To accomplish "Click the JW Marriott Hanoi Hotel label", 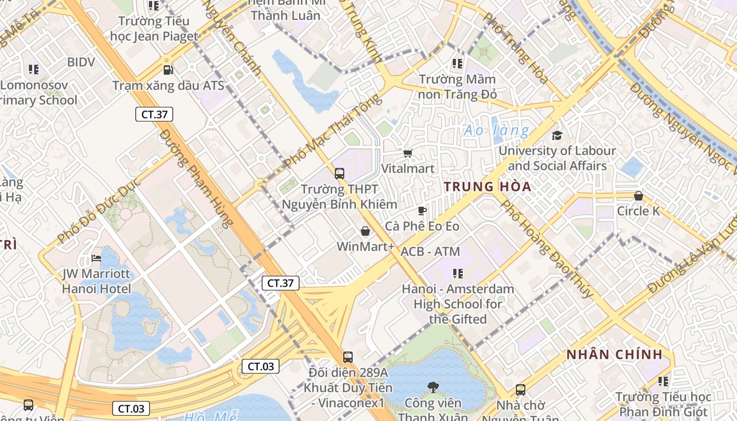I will pos(96,282).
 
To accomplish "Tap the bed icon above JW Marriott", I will pos(96,258).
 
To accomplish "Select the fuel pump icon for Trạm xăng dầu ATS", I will pos(168,69).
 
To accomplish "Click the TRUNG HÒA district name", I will pos(487,187).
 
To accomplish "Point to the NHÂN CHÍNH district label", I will pos(614,355).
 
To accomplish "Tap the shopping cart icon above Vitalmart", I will pos(407,153).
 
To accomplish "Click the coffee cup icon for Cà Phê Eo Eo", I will pos(422,211).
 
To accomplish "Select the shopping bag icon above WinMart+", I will pos(365,231).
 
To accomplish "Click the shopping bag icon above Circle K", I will pos(638,196).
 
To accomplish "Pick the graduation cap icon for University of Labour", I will pos(557,136).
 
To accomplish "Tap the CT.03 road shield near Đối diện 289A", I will pos(261,366).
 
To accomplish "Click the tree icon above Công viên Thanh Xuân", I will pos(433,388).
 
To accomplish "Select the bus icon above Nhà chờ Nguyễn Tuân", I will pos(520,390).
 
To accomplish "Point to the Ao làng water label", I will pos(496,130).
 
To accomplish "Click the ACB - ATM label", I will pos(430,252).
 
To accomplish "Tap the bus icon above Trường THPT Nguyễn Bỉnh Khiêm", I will pos(340,173).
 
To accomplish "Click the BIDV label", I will pos(81,62).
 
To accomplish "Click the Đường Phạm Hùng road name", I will pos(195,179).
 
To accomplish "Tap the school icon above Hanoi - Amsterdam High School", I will pos(457,274).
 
